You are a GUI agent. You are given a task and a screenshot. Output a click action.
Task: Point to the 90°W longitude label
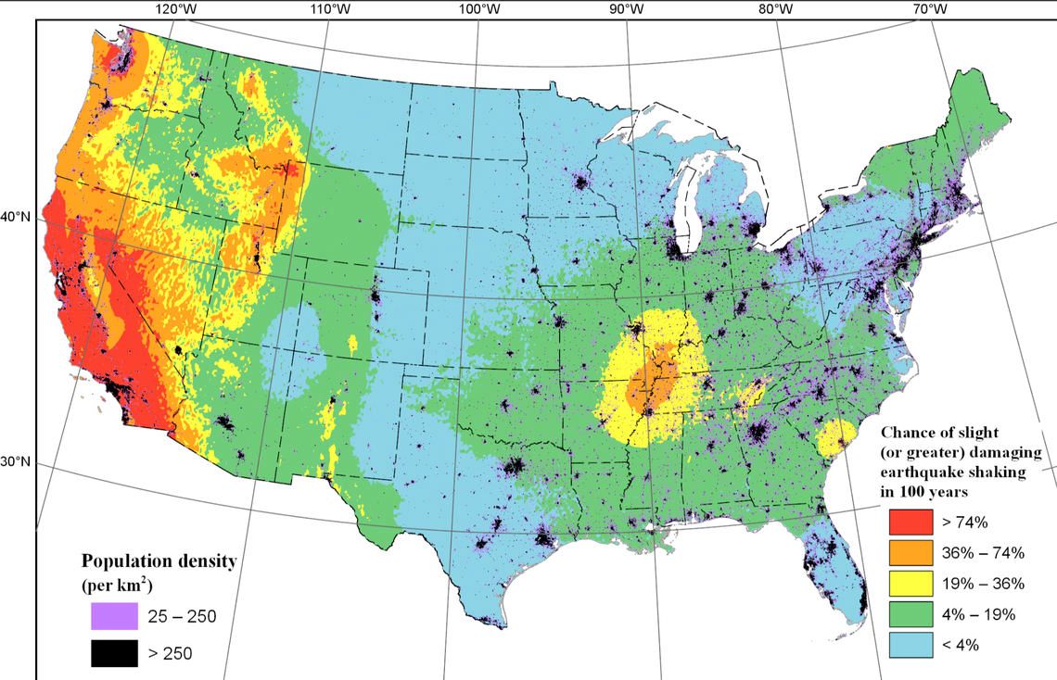627,8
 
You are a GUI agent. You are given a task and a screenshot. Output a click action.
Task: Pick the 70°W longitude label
929,8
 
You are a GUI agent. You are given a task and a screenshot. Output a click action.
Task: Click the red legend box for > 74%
910,523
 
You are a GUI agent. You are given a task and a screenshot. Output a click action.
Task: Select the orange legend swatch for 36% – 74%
910,553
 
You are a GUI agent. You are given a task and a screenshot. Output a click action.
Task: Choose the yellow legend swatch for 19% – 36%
910,584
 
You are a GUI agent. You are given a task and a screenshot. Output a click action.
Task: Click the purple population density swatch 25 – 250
114,616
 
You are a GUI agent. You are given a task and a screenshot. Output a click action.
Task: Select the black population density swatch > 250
114,653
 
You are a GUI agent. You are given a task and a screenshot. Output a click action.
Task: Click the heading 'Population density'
159,561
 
